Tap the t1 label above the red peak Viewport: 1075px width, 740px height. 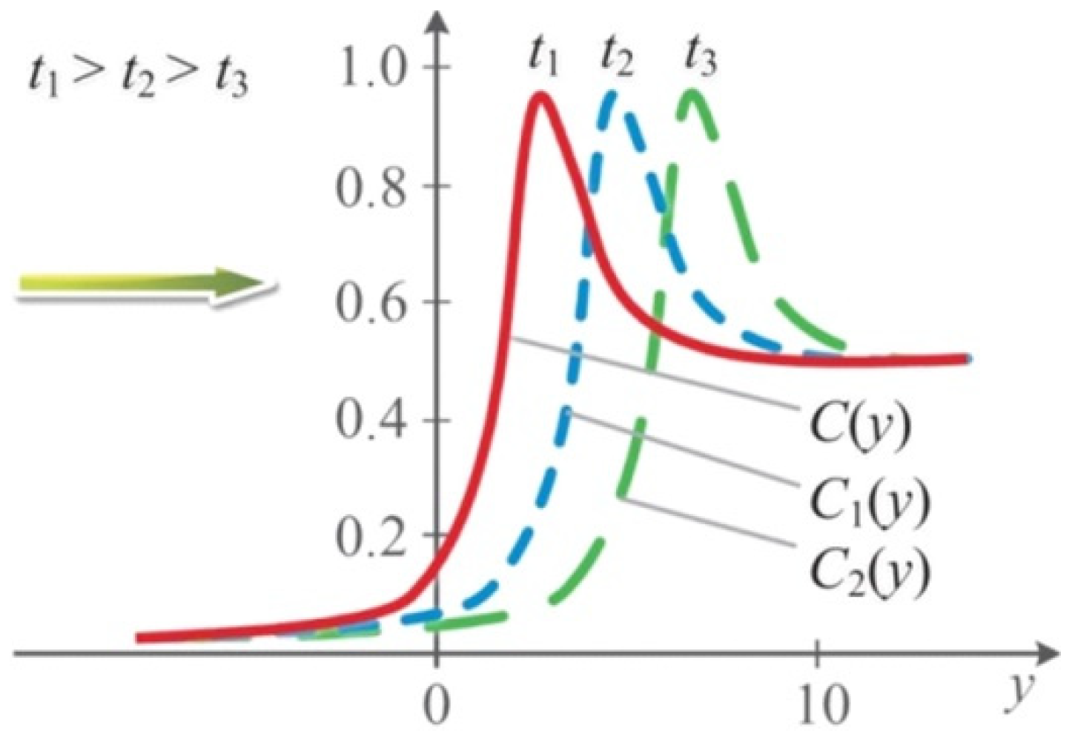click(543, 55)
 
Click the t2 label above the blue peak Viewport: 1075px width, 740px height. click(617, 55)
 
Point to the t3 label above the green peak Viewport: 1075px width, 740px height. click(700, 55)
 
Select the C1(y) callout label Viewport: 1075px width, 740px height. click(867, 501)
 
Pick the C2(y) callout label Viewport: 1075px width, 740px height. click(867, 572)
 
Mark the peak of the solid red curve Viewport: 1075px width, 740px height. click(542, 96)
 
